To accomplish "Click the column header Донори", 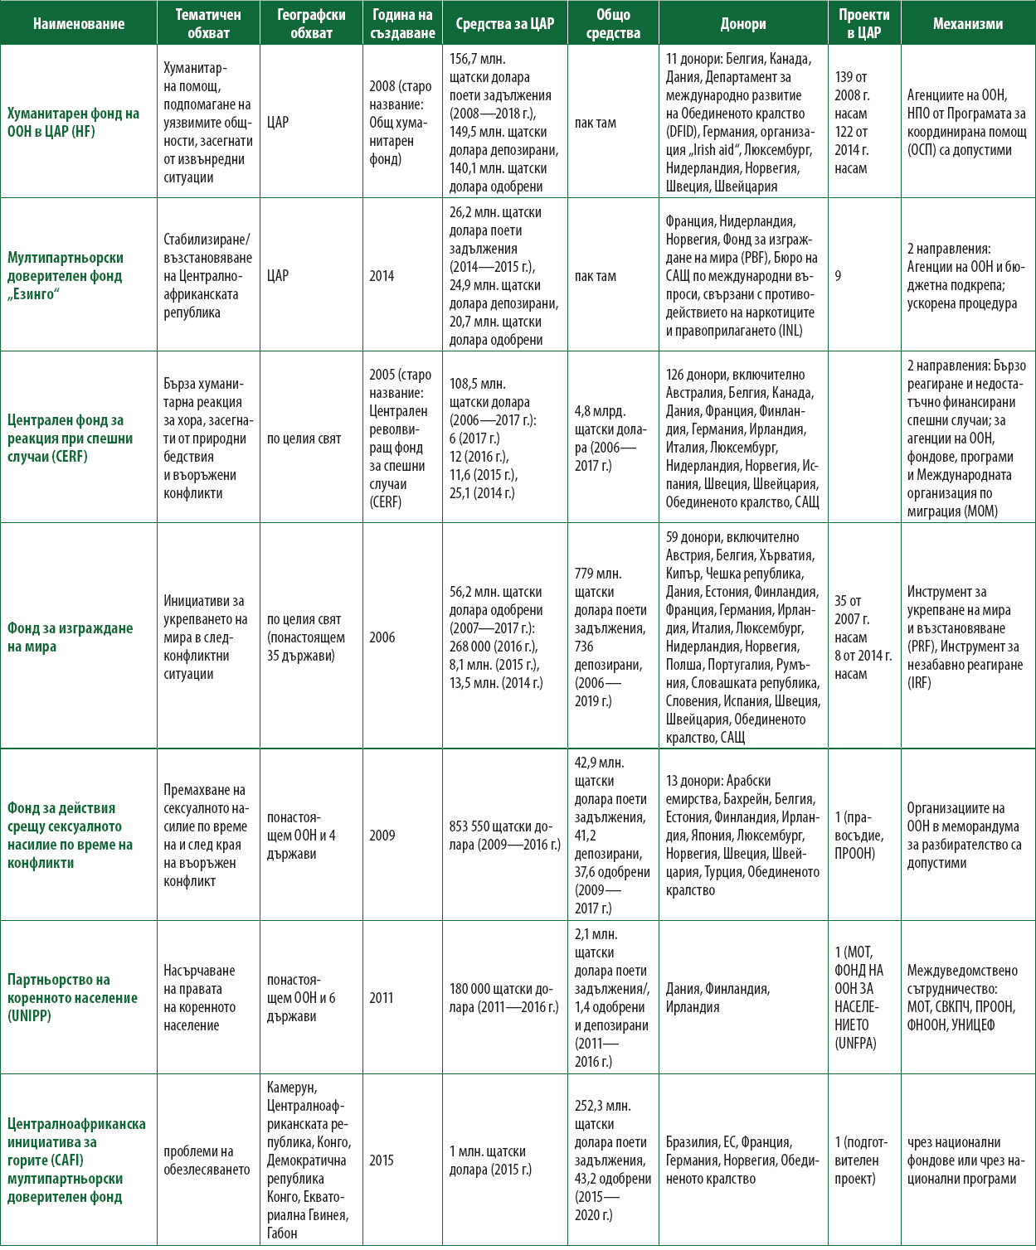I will (x=743, y=24).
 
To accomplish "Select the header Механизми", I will (x=967, y=24).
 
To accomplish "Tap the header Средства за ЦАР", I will (x=504, y=24).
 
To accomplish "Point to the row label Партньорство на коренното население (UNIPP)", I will (x=73, y=997).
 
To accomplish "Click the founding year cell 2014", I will (x=382, y=276).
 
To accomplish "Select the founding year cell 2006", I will (x=382, y=637).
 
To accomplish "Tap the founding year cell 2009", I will (x=382, y=836).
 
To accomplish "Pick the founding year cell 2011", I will (x=382, y=997).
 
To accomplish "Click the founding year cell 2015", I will (x=382, y=1160).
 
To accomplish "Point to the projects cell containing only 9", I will (x=839, y=276).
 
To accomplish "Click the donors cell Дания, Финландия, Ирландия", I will (x=717, y=997).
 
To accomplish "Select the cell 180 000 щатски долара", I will (x=504, y=997).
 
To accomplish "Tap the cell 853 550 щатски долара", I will (x=504, y=836).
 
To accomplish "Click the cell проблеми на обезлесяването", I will (x=207, y=1160).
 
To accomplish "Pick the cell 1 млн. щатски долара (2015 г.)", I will (x=490, y=1160).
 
